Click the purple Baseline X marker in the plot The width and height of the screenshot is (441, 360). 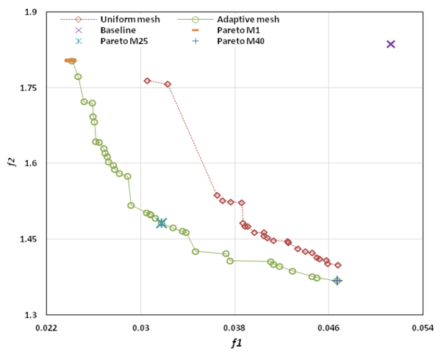(391, 44)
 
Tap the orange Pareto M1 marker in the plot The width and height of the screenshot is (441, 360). (71, 60)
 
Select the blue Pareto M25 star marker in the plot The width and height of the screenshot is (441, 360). (162, 223)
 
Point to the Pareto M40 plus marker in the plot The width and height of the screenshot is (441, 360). (337, 281)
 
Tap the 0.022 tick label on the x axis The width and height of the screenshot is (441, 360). (48, 328)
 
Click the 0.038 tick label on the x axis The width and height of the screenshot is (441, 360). (234, 328)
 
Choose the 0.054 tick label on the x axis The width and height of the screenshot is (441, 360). (422, 328)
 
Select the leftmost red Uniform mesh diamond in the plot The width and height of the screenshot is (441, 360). (147, 81)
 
